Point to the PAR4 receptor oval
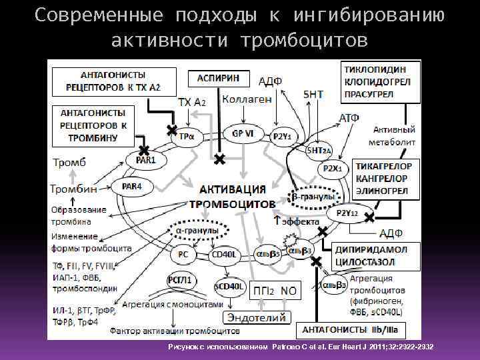[x=132, y=187]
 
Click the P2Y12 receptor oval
[x=347, y=213]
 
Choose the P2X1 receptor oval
[x=332, y=169]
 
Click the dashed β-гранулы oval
[x=312, y=197]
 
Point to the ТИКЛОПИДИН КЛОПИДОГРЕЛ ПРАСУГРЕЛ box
[x=381, y=81]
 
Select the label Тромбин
[x=73, y=189]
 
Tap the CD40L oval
[x=224, y=254]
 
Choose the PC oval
[x=183, y=254]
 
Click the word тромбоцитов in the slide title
[x=305, y=41]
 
